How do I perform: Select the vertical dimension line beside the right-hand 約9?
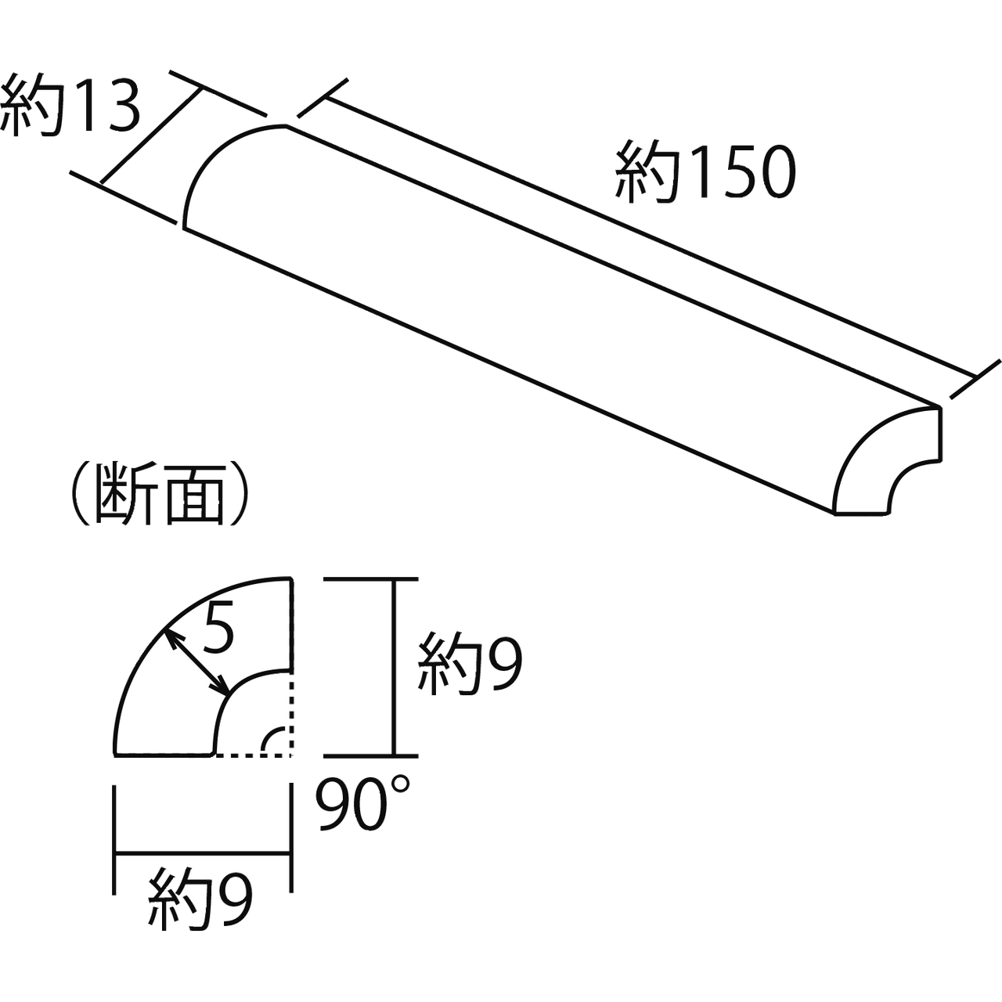tap(400, 665)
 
